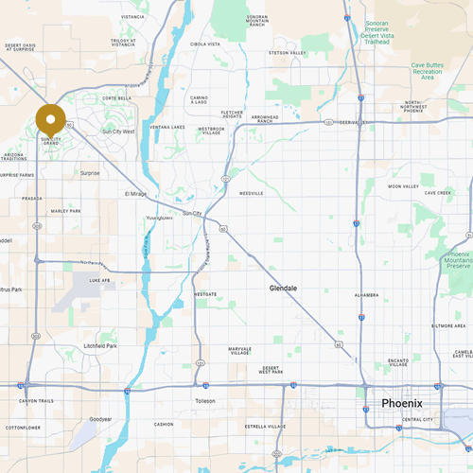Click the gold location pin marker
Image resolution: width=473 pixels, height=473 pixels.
coord(50,121)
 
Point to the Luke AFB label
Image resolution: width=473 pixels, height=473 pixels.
coord(99,280)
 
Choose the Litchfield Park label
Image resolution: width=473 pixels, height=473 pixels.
coord(99,346)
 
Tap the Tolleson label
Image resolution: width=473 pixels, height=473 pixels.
coord(205,401)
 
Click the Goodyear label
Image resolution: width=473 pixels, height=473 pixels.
coord(99,418)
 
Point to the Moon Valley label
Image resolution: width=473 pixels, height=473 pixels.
coord(404,186)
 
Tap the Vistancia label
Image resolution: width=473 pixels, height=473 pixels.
coord(133,17)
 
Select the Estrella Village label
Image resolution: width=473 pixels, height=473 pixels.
coord(264,426)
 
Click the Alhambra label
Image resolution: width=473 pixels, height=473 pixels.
coord(366,294)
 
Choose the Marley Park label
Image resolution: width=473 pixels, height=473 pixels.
coord(65,211)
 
